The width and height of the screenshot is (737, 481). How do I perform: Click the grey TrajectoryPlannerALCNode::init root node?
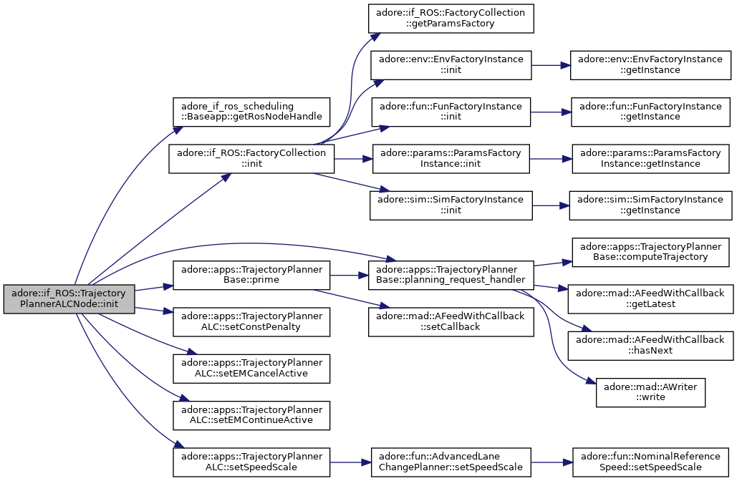coord(69,298)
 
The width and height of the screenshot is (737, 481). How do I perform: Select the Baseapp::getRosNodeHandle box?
coord(251,112)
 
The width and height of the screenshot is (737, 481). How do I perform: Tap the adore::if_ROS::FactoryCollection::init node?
coord(251,159)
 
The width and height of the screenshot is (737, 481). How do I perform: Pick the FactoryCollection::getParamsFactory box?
coord(451,19)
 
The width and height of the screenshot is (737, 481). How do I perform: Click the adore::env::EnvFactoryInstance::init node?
coord(451,65)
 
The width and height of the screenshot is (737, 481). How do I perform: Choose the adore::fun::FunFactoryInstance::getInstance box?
coord(650,112)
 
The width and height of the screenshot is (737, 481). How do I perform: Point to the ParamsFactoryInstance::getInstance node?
coord(650,159)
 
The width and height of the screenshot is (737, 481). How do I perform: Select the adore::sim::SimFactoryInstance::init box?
coord(451,205)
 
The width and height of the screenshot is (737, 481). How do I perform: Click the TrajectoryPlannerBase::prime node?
coord(251,276)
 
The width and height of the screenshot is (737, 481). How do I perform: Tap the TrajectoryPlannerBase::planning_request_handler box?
coord(451,276)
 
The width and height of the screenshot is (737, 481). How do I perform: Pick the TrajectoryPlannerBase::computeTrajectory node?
coord(650,252)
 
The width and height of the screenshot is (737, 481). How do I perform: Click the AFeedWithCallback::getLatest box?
coord(650,298)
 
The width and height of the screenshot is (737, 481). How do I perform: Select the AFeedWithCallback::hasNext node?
coord(650,346)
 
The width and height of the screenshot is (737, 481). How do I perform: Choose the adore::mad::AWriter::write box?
coord(650,392)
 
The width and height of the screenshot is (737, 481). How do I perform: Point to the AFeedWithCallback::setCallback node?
coord(451,322)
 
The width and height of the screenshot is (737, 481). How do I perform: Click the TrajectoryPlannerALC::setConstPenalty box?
coord(251,322)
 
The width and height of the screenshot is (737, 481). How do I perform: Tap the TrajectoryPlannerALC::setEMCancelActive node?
coord(251,369)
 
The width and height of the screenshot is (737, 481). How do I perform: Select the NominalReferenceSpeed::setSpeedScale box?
coord(650,462)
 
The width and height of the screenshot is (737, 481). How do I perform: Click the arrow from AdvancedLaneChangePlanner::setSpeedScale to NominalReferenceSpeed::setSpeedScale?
coord(551,462)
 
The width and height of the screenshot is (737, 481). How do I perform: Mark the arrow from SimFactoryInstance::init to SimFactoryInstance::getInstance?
coord(550,205)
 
